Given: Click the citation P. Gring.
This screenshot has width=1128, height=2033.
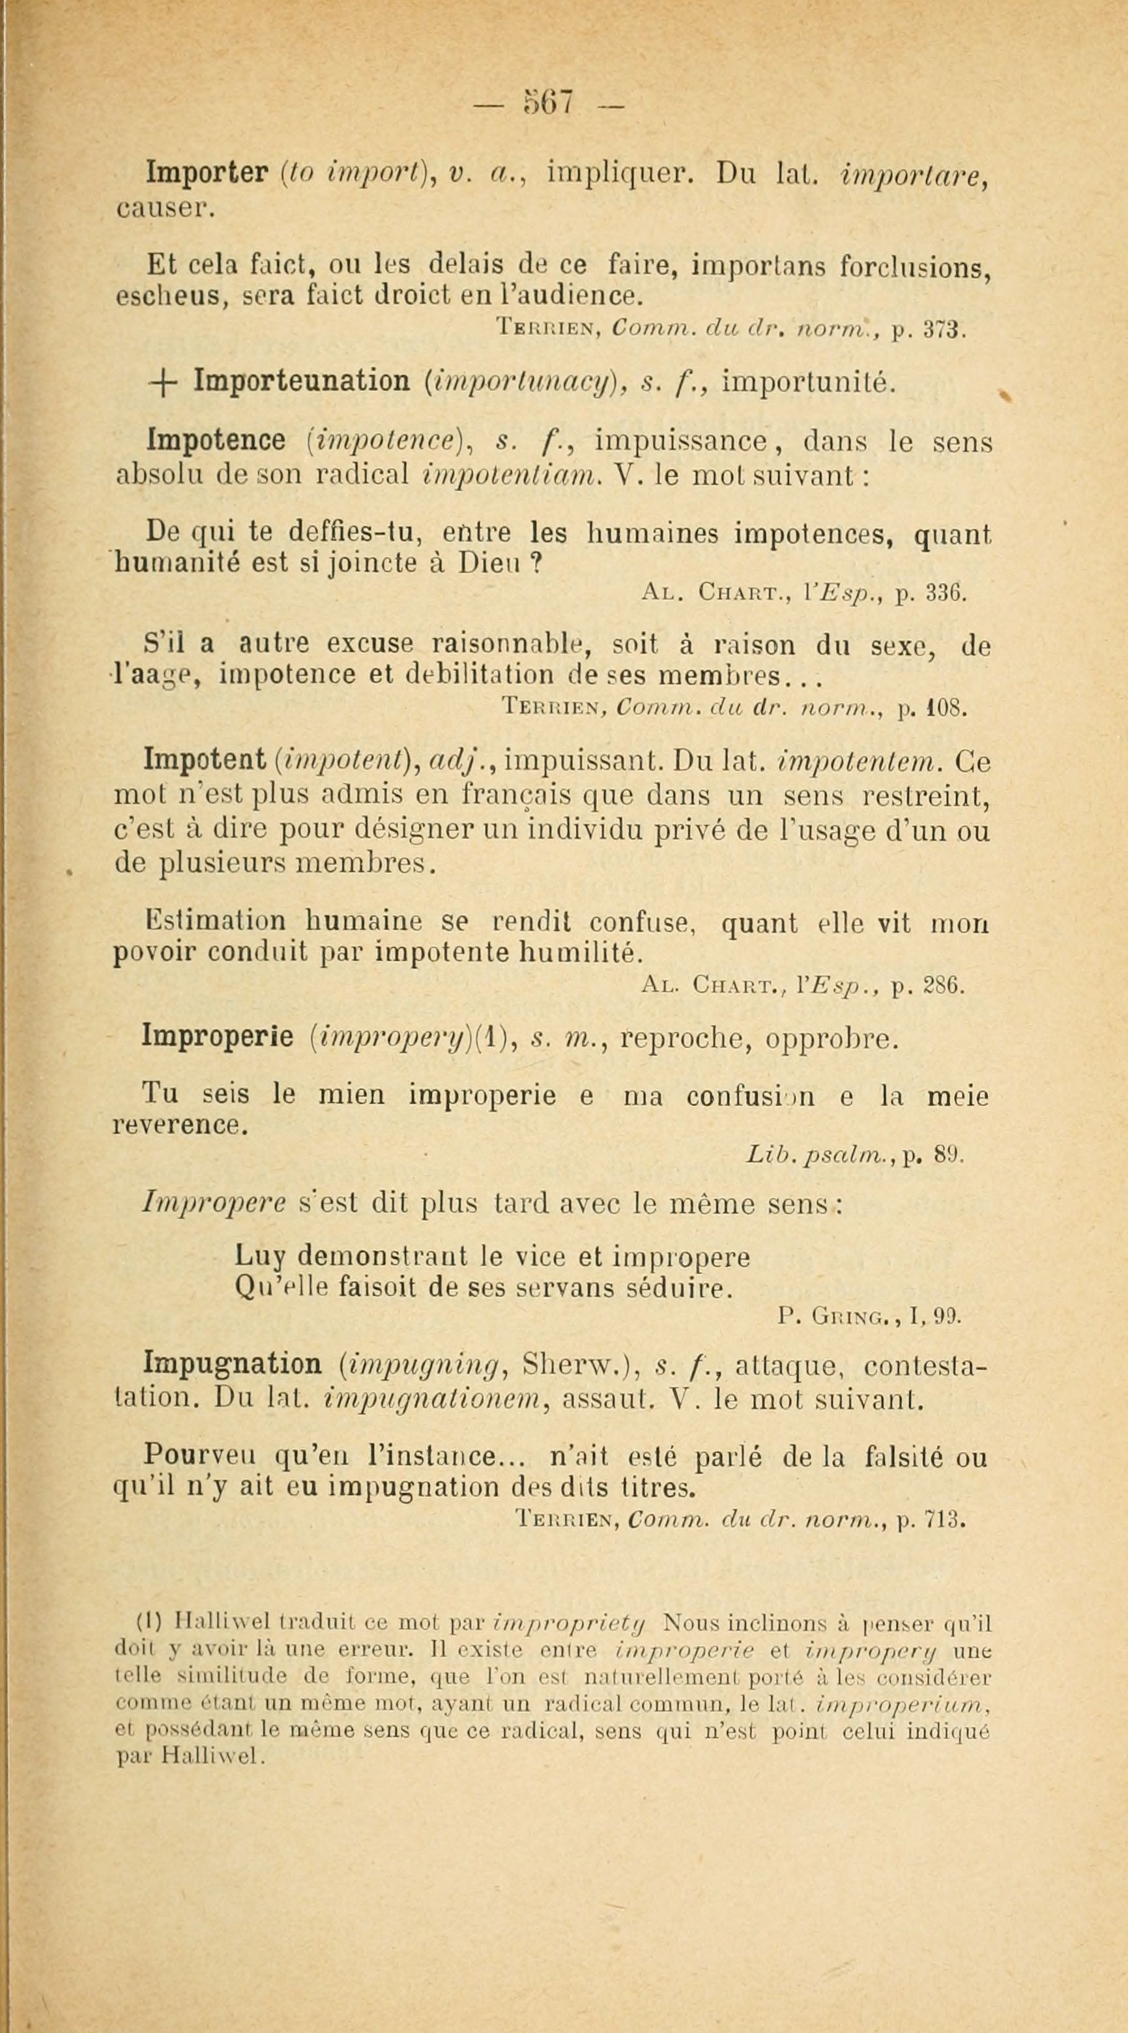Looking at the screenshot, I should click(x=838, y=1316).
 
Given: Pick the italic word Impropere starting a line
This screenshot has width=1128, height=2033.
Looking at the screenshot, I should click(x=195, y=1204).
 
